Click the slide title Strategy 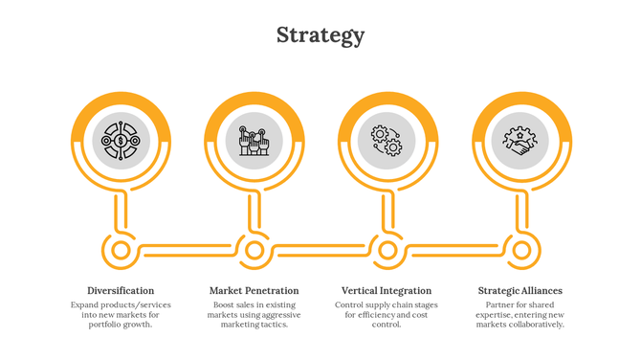pos(320,35)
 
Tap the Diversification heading pos(121,290)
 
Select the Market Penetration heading pos(254,290)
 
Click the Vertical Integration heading pos(387,290)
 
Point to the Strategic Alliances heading pos(519,290)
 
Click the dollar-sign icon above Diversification pos(121,142)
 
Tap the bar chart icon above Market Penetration pos(254,142)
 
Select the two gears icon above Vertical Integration pos(387,142)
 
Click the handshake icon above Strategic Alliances pos(520,142)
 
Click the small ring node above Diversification pos(121,251)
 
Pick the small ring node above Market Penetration pos(254,251)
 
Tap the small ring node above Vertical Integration pos(387,251)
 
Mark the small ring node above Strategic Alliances pos(521,251)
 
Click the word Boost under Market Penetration pos(225,304)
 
